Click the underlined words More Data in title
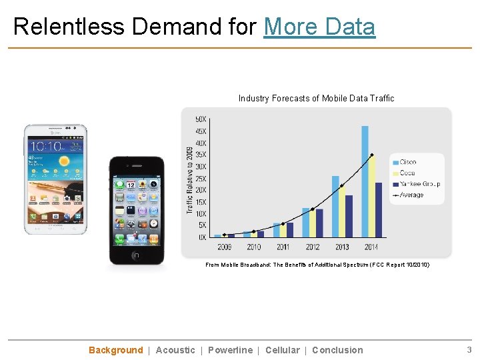click(x=319, y=27)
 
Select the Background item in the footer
click(x=115, y=350)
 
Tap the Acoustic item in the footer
click(x=175, y=350)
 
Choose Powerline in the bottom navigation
click(x=230, y=350)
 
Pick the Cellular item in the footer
click(x=282, y=350)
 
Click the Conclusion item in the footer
click(x=337, y=350)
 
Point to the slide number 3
click(x=469, y=350)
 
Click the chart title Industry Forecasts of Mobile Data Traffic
click(x=316, y=99)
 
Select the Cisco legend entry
click(x=407, y=162)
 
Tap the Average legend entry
click(x=411, y=195)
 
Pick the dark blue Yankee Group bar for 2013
click(x=349, y=216)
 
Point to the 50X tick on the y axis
click(x=200, y=119)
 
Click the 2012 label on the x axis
click(x=313, y=247)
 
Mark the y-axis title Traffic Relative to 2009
click(x=190, y=180)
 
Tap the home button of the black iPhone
click(x=136, y=255)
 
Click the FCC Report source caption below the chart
click(x=317, y=265)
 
